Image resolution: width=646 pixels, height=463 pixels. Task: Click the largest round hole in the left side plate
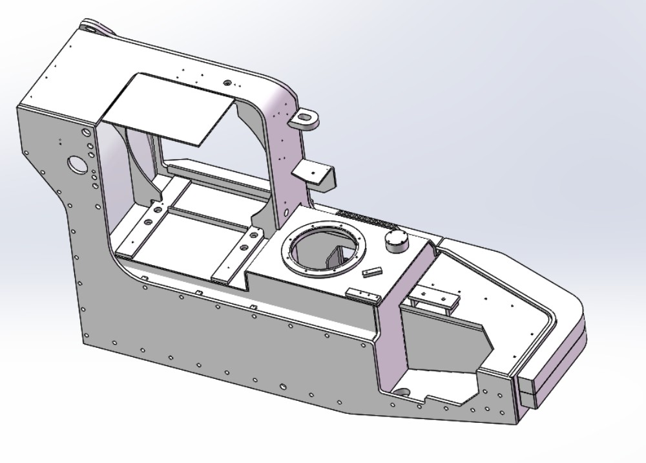pyautogui.click(x=78, y=164)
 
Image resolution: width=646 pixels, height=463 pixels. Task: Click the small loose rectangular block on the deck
pyautogui.click(x=373, y=271)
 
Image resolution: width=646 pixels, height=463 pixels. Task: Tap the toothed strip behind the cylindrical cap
pyautogui.click(x=367, y=221)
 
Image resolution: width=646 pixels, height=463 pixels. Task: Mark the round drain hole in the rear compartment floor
pyautogui.click(x=402, y=392)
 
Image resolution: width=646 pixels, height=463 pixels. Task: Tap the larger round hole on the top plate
pyautogui.click(x=227, y=83)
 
